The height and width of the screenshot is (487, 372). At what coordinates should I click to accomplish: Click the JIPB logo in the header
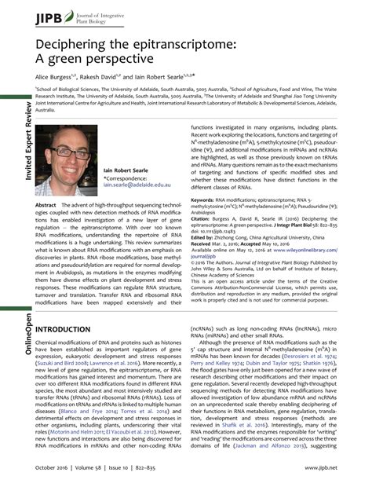click(x=31, y=13)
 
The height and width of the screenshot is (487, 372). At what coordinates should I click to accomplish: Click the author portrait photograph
click(x=66, y=163)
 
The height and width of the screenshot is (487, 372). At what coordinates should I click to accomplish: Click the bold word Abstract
click(x=46, y=204)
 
